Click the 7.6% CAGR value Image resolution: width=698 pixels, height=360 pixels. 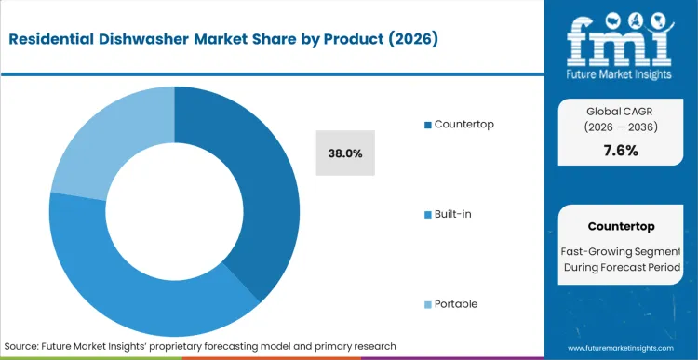[x=621, y=151]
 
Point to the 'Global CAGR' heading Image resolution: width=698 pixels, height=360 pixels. [x=621, y=112]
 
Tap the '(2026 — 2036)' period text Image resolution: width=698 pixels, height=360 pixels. [x=621, y=129]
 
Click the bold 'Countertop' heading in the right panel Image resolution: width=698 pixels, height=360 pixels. [x=621, y=226]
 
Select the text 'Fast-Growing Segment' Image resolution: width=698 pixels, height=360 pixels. [x=621, y=250]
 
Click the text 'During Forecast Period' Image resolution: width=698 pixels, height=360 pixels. [x=621, y=269]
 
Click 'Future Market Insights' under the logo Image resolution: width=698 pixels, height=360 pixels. [x=620, y=72]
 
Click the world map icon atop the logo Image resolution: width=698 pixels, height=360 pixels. [x=620, y=18]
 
